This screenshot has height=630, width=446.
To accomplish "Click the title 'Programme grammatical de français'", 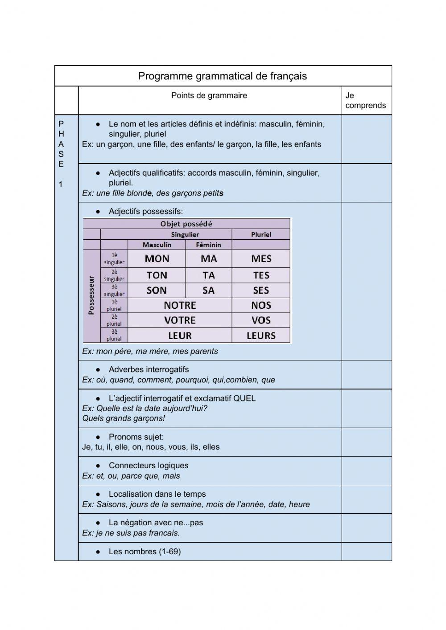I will pyautogui.click(x=222, y=76).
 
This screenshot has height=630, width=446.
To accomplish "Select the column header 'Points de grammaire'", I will pyautogui.click(x=209, y=95).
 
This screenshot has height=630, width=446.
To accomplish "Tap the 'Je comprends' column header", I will pyautogui.click(x=365, y=100).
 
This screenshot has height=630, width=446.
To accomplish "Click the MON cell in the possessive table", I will pyautogui.click(x=157, y=259).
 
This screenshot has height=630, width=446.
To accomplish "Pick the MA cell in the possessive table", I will pyautogui.click(x=208, y=259).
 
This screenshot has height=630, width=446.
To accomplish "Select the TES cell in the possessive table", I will pyautogui.click(x=261, y=275).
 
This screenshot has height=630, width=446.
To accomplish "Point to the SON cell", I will pyautogui.click(x=157, y=290).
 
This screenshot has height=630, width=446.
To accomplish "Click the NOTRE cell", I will pyautogui.click(x=180, y=306).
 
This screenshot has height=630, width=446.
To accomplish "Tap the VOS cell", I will pyautogui.click(x=261, y=320).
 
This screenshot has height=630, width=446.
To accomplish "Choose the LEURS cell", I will pyautogui.click(x=261, y=335).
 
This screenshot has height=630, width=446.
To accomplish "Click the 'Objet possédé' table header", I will pyautogui.click(x=186, y=224).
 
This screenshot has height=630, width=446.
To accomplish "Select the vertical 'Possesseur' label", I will pyautogui.click(x=91, y=295).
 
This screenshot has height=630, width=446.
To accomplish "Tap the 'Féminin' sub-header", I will pyautogui.click(x=208, y=245).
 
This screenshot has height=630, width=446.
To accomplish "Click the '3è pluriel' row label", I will pyautogui.click(x=114, y=335).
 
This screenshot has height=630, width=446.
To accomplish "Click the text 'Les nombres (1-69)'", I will pyautogui.click(x=145, y=552).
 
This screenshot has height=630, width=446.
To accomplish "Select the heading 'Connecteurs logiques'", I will pyautogui.click(x=149, y=466).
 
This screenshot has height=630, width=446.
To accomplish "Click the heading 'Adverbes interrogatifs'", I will pyautogui.click(x=149, y=369).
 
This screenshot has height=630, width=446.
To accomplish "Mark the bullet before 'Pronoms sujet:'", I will pyautogui.click(x=98, y=437).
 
